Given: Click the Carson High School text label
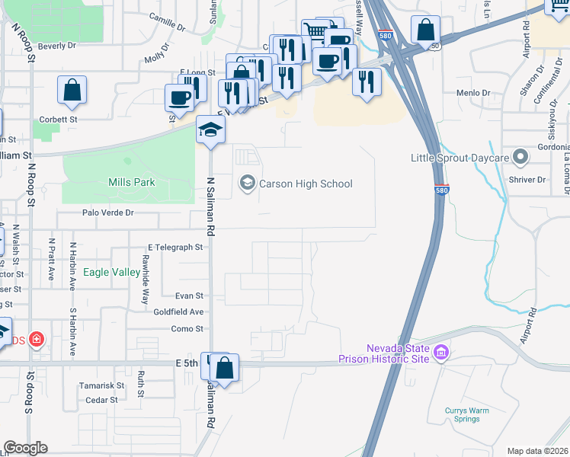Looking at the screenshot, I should [x=306, y=184].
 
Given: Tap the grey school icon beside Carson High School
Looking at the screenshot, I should [x=247, y=183].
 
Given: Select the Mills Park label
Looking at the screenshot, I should [x=132, y=182].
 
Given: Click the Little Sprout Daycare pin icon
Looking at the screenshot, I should [x=521, y=158].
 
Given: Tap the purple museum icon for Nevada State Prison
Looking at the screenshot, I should [x=441, y=353].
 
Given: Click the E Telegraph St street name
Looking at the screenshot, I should [x=175, y=248].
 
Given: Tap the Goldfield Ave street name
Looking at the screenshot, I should [x=179, y=312].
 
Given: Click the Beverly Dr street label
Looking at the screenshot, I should [x=57, y=46].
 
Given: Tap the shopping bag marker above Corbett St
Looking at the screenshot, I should [x=72, y=90].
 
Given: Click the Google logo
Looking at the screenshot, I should [x=25, y=448].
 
